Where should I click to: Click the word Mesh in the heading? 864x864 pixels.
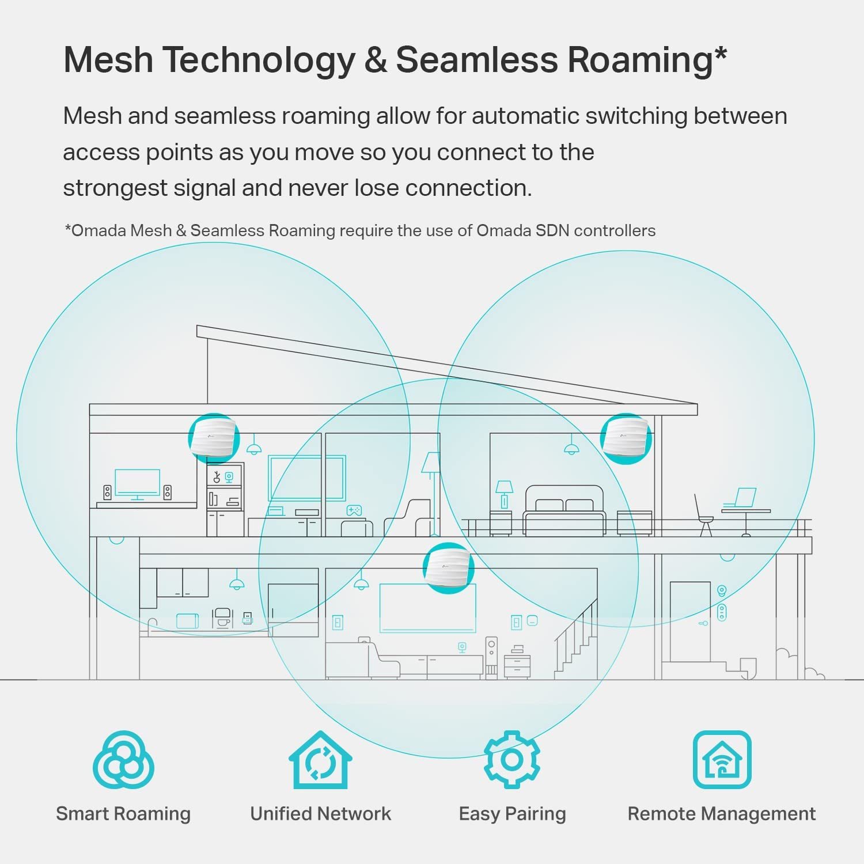click(x=108, y=59)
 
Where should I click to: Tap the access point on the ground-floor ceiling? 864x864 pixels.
click(x=448, y=568)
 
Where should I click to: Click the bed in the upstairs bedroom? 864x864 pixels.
click(x=564, y=511)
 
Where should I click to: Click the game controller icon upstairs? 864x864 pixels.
click(x=354, y=510)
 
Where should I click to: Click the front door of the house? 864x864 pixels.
click(x=690, y=630)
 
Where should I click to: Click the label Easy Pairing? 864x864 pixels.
click(x=512, y=814)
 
